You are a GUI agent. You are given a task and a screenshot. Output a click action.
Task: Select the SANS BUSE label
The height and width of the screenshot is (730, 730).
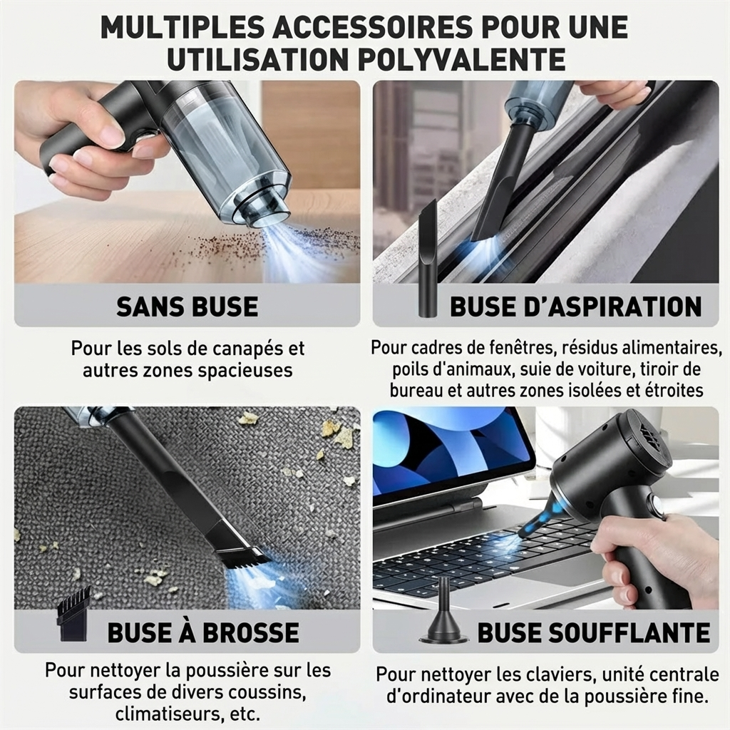(187, 306)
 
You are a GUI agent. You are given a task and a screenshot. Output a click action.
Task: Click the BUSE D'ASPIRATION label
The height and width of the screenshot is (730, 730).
(575, 306)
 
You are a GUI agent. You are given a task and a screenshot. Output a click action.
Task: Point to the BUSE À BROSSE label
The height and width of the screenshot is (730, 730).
(203, 632)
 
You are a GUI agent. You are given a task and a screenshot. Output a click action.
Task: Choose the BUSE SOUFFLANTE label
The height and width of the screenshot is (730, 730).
(593, 632)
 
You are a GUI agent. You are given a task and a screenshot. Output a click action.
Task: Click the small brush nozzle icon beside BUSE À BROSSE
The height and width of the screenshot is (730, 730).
(73, 615)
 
